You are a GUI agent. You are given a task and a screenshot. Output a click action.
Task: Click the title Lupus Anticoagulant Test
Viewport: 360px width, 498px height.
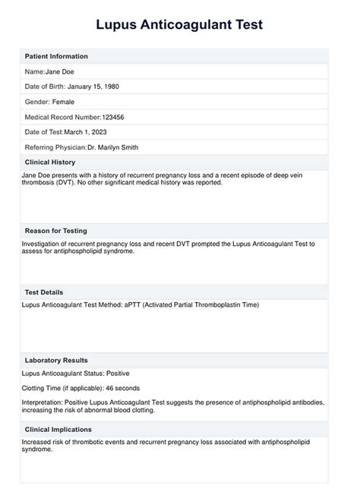[180, 25]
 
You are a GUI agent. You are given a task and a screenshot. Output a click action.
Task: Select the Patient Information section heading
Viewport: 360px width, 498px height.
[56, 56]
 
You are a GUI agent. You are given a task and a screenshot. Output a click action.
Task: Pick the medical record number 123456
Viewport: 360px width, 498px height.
[115, 117]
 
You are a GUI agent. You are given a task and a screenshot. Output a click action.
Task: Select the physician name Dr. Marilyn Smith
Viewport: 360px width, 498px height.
[112, 147]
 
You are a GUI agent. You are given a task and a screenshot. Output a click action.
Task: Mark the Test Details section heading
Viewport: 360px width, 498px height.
[44, 292]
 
